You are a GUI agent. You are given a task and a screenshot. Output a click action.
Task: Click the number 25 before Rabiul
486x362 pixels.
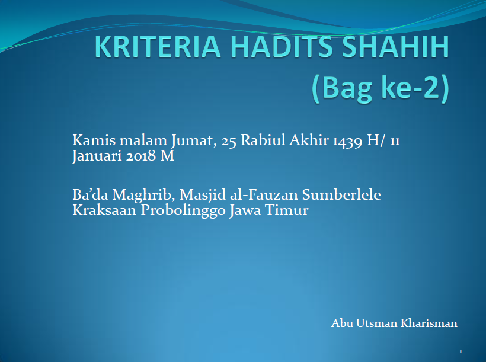pyautogui.click(x=229, y=141)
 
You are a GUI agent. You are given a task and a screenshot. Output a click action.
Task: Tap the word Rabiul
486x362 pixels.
pyautogui.click(x=263, y=140)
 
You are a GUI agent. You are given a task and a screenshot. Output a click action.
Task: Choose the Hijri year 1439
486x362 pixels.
pyautogui.click(x=347, y=142)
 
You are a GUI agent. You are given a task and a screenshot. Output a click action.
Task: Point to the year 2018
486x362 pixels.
pyautogui.click(x=140, y=156)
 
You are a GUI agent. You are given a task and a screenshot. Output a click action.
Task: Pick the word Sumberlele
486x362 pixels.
pyautogui.click(x=341, y=195)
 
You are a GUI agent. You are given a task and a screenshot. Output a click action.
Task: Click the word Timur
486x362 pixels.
pyautogui.click(x=287, y=210)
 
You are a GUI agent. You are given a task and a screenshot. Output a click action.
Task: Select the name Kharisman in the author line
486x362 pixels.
pyautogui.click(x=429, y=323)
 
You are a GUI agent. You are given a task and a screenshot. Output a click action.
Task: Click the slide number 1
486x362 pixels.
pyautogui.click(x=461, y=351)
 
